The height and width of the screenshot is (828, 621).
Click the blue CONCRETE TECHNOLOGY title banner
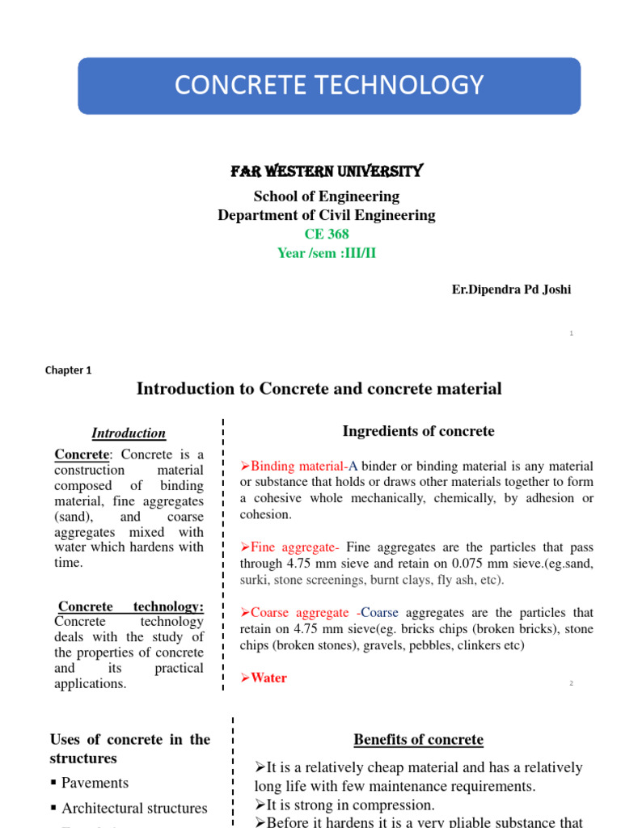[x=329, y=85]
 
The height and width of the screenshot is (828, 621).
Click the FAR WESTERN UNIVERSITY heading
[x=326, y=171]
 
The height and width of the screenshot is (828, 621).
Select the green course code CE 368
[x=326, y=234]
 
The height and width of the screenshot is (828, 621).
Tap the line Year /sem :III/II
[x=326, y=253]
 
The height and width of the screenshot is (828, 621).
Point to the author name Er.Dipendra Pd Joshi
[x=511, y=289]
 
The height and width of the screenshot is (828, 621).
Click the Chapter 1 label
[x=68, y=370]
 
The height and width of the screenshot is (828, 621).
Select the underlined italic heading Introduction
[x=129, y=433]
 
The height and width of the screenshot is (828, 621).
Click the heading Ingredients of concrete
[x=417, y=431]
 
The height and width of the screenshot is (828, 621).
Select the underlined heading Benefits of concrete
[x=418, y=739]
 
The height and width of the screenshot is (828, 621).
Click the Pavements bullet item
[x=95, y=783]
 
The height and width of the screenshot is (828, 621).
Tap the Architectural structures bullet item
[x=134, y=808]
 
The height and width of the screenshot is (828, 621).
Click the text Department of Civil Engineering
[x=326, y=215]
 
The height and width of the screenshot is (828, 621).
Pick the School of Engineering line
[x=326, y=196]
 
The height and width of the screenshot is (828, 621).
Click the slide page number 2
[x=571, y=683]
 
